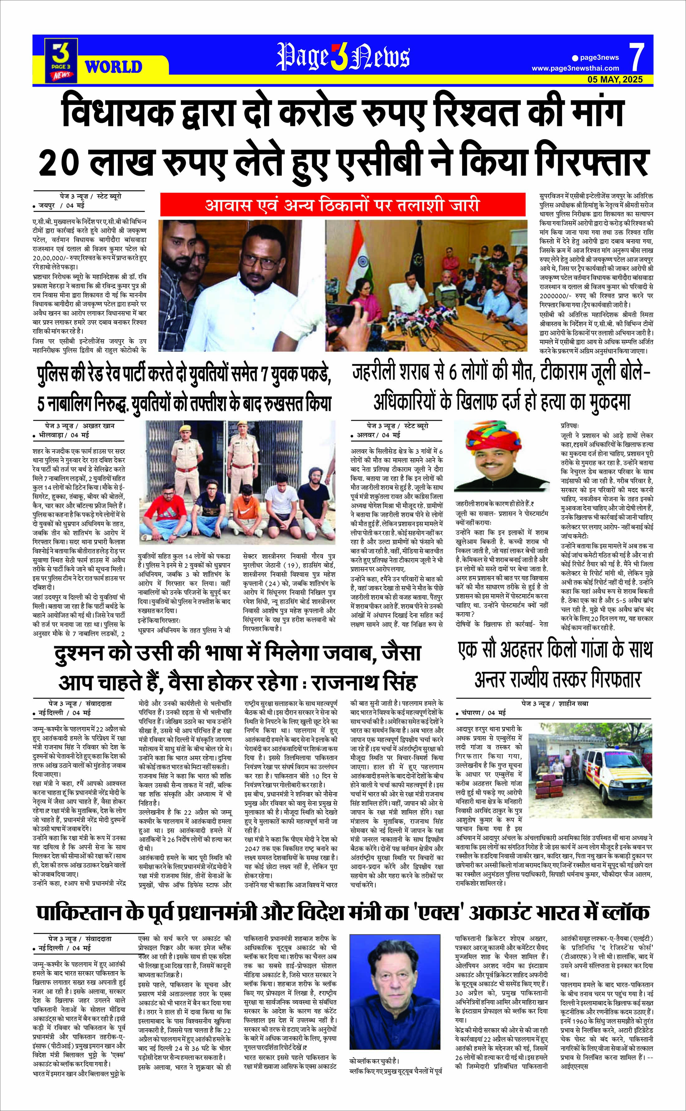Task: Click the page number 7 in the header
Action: point(637,58)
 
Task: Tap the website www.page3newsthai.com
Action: point(575,69)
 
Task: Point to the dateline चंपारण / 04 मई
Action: point(484,713)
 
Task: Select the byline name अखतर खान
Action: point(99,426)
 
